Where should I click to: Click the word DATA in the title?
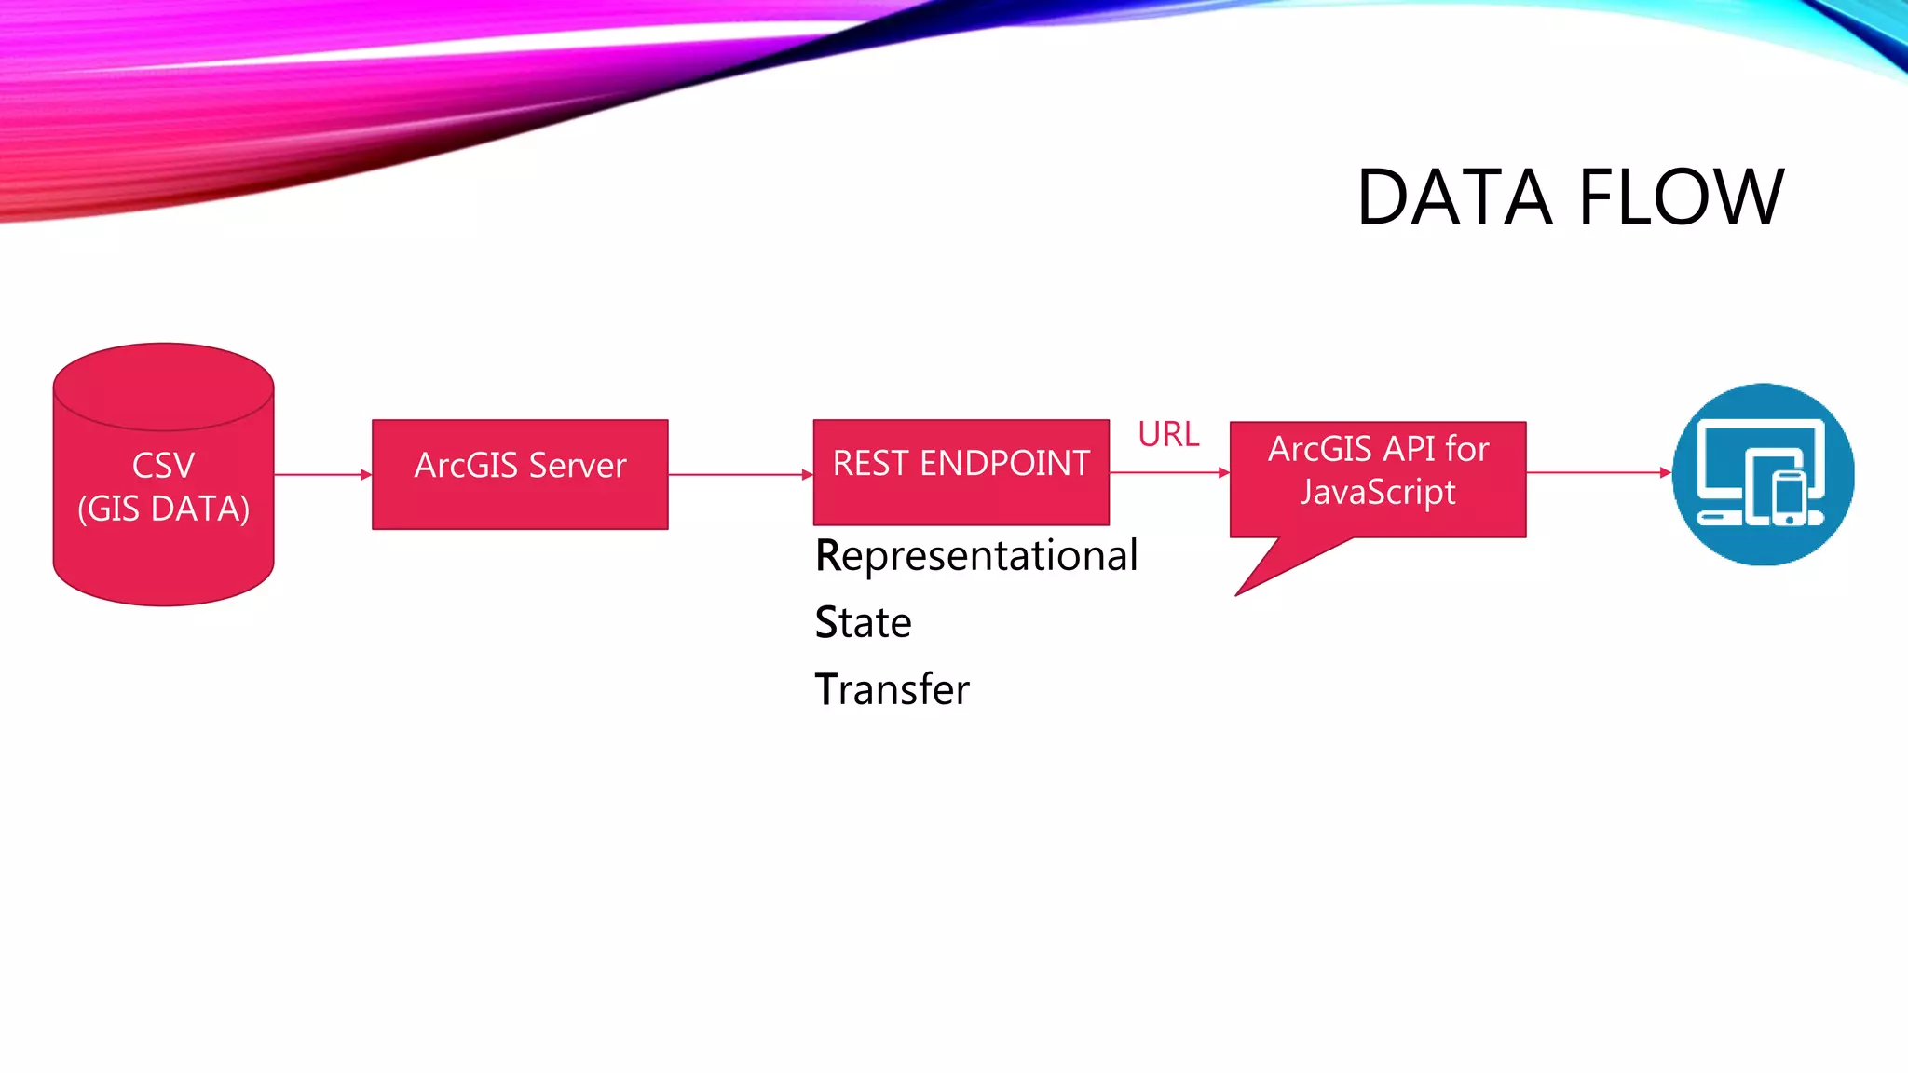[x=1453, y=197]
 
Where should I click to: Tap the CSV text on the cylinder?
[x=163, y=466]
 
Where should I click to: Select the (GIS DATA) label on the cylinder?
[x=163, y=509]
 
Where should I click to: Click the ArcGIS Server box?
[x=520, y=474]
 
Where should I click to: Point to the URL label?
[x=1168, y=434]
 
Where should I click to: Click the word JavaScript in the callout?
[x=1377, y=492]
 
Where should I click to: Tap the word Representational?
[x=976, y=556]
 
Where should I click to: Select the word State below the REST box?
[x=863, y=623]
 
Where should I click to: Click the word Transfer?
[x=892, y=690]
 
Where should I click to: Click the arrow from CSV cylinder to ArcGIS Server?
[x=322, y=474]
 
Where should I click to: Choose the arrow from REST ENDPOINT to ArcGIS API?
[x=1169, y=472]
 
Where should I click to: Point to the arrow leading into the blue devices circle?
[x=1599, y=472]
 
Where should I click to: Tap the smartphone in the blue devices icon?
[x=1789, y=498]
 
